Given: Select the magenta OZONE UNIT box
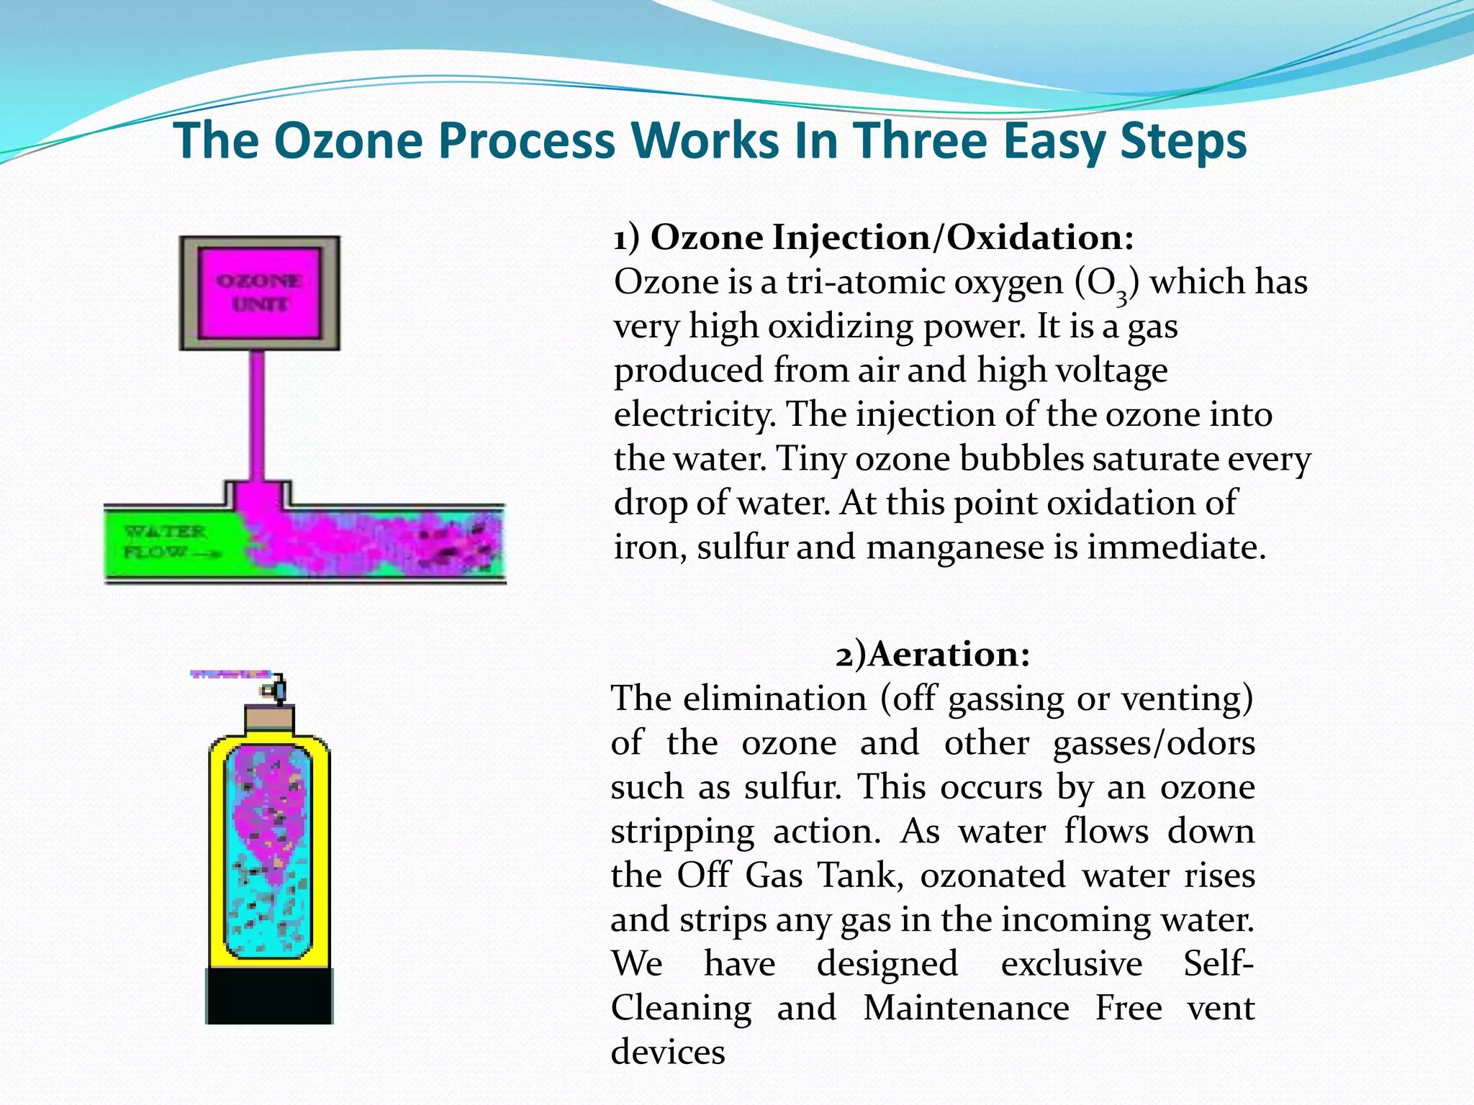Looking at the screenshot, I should click(259, 293).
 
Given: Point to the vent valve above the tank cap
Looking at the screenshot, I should click(275, 689).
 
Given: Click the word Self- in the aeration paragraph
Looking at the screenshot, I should click(1218, 963).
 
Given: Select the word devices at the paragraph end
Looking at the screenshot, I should click(668, 1052).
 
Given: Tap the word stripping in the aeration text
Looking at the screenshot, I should click(682, 832).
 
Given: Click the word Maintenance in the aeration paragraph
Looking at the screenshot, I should click(966, 1008).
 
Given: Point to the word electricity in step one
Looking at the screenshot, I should click(695, 415).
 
